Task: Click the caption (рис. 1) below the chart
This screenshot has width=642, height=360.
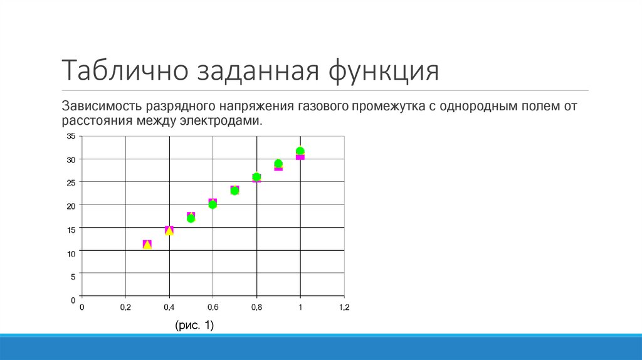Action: [x=194, y=325]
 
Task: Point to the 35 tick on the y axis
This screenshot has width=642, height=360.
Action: [x=71, y=136]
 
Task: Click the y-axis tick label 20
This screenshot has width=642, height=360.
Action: [x=71, y=206]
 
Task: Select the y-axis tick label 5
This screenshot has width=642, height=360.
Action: [x=73, y=276]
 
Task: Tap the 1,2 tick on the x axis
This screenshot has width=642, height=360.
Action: [x=344, y=307]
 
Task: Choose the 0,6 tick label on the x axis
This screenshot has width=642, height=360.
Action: [x=213, y=307]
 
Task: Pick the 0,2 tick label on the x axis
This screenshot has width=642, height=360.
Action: [x=125, y=307]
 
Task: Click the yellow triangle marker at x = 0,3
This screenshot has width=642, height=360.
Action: [x=147, y=245]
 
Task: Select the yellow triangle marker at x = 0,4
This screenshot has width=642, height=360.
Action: [x=169, y=230]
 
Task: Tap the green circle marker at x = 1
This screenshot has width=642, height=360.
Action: [x=300, y=151]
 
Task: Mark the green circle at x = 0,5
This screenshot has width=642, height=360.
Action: [x=191, y=218]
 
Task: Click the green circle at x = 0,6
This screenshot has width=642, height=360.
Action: [x=213, y=204]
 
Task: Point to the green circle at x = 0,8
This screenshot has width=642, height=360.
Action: [x=256, y=177]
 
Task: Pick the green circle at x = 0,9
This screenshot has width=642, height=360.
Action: [x=278, y=164]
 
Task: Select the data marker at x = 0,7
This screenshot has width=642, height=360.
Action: [x=234, y=190]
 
